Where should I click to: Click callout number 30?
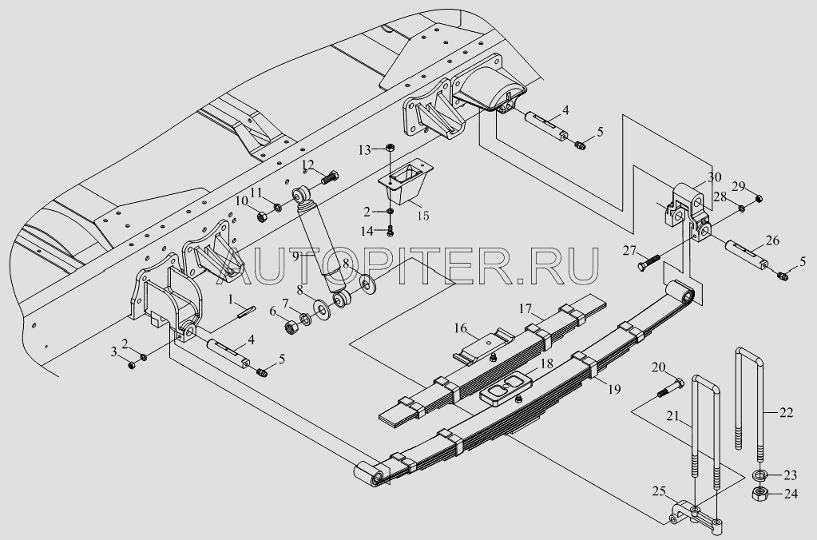pos(714,177)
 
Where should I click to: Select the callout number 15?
pos(423,215)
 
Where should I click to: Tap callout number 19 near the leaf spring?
pos(614,389)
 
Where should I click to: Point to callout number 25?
pos(659,491)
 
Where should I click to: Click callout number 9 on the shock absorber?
pos(295,256)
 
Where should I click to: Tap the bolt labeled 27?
pos(648,262)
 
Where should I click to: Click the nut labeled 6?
pos(292,328)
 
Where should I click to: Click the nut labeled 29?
pos(759,198)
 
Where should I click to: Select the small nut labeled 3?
pos(132,365)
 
